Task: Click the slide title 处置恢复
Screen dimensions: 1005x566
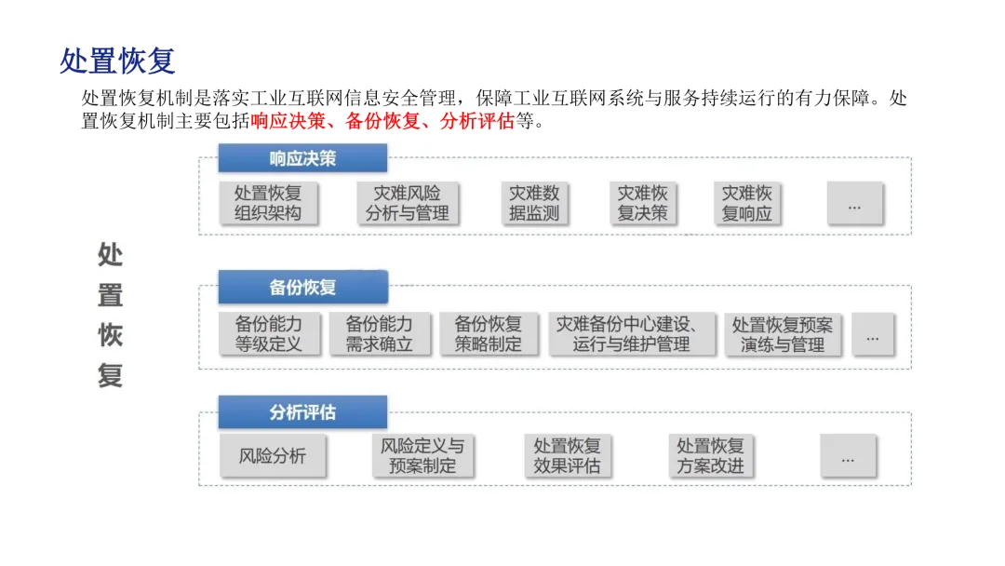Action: click(117, 61)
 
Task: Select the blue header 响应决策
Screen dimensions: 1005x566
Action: click(302, 158)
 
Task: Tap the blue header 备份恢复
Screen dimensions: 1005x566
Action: click(302, 287)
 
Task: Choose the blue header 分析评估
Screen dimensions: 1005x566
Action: click(302, 411)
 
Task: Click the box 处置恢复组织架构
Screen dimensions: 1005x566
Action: click(268, 203)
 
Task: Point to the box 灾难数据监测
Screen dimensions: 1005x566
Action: click(534, 203)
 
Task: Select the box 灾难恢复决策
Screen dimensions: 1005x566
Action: click(642, 203)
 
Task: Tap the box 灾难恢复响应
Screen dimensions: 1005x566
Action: click(747, 203)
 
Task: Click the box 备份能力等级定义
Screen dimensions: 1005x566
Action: click(268, 334)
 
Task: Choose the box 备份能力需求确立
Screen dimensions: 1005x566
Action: click(379, 334)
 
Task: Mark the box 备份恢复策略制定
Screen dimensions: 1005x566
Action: click(488, 334)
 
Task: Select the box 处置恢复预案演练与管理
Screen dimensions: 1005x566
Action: click(783, 334)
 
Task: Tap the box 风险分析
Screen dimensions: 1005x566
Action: click(272, 456)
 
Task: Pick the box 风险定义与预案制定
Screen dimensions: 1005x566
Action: click(422, 456)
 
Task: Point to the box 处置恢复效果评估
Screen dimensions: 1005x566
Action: click(567, 456)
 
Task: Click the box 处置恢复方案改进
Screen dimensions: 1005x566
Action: click(710, 456)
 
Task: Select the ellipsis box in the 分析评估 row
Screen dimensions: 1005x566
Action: click(848, 457)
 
